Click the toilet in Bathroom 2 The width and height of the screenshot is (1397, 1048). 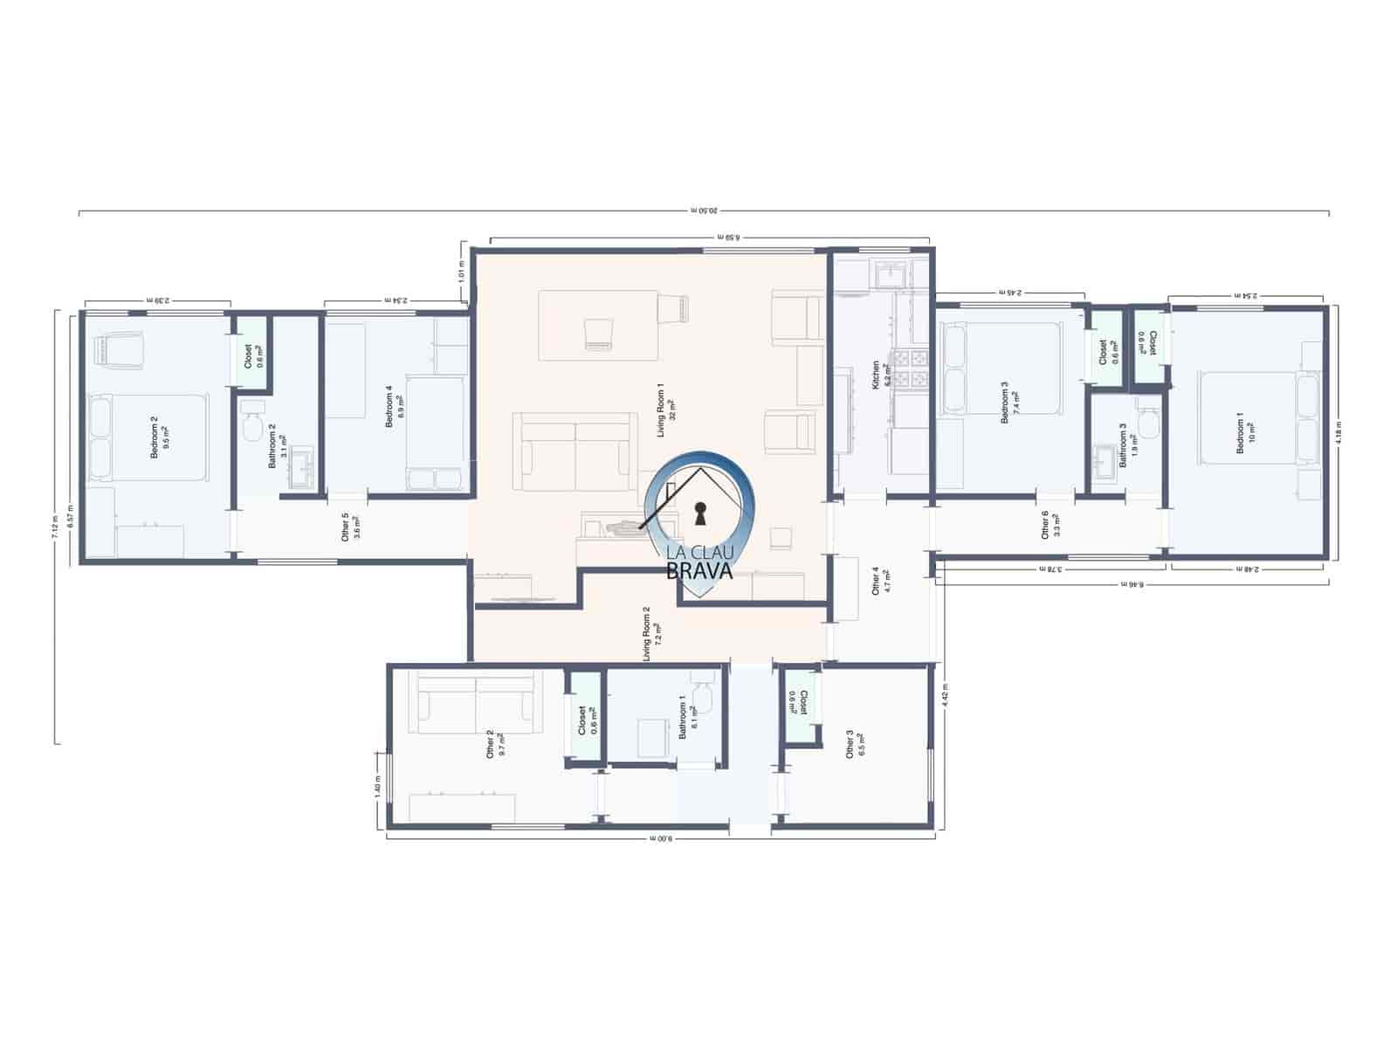[253, 422]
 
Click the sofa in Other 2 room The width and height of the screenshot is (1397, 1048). [475, 704]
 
